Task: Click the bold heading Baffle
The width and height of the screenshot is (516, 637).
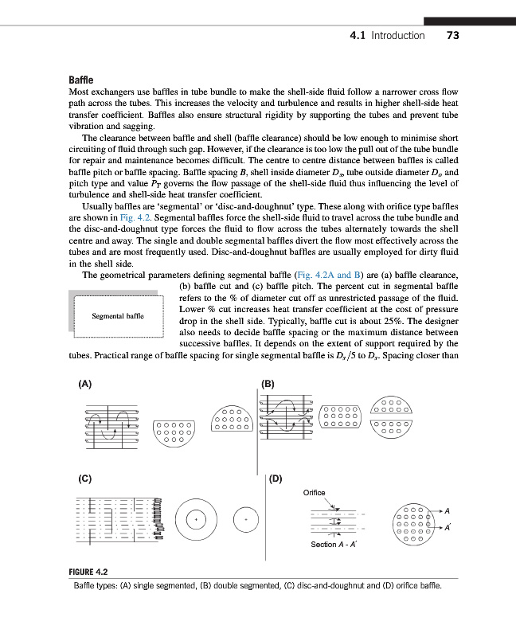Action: pyautogui.click(x=82, y=81)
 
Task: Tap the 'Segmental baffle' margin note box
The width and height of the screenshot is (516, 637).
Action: pyautogui.click(x=117, y=316)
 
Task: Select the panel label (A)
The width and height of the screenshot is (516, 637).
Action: pyautogui.click(x=84, y=383)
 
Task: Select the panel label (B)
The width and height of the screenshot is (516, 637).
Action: pyautogui.click(x=268, y=383)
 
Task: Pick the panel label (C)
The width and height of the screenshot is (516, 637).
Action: pyautogui.click(x=84, y=479)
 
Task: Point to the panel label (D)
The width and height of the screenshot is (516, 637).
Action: pyautogui.click(x=276, y=479)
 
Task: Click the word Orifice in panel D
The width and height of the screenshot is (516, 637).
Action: pyautogui.click(x=315, y=493)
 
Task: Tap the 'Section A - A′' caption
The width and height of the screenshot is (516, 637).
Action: pyautogui.click(x=334, y=545)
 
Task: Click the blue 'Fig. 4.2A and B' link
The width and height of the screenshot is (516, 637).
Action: pyautogui.click(x=328, y=275)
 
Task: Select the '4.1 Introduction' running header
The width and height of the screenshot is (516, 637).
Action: pyautogui.click(x=388, y=36)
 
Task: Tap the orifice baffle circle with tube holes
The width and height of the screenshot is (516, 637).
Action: pyautogui.click(x=413, y=522)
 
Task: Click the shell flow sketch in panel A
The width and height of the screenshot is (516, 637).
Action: pyautogui.click(x=111, y=423)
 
